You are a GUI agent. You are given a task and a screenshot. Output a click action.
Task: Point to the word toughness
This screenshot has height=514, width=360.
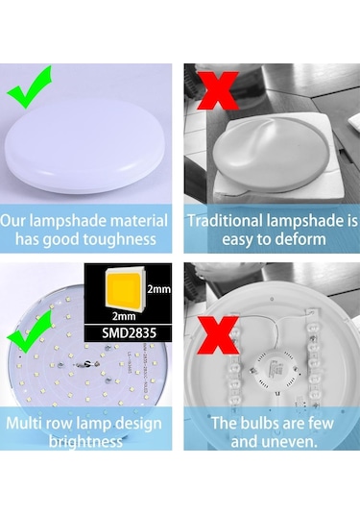pyautogui.click(x=122, y=238)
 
